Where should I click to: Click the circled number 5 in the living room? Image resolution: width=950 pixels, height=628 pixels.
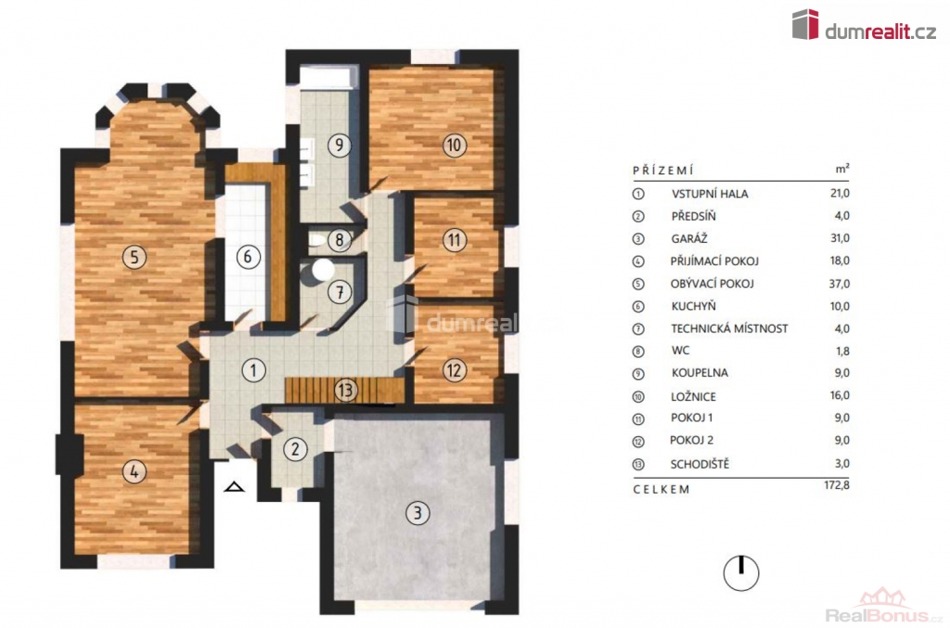(134, 257)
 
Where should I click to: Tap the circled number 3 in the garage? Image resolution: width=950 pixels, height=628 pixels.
(417, 513)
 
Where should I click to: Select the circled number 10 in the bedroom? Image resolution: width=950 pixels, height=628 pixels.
(455, 146)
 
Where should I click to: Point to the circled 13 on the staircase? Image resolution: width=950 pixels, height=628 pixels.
(345, 390)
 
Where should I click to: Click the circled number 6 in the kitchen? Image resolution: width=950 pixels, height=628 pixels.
(248, 257)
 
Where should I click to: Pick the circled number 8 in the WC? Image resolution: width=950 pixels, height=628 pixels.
(340, 240)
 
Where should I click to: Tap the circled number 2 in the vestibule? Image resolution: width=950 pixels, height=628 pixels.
(295, 449)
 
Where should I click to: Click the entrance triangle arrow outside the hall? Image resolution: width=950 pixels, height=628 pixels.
(234, 486)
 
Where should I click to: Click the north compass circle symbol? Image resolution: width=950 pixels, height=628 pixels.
(741, 572)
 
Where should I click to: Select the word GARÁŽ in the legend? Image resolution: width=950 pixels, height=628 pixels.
(689, 238)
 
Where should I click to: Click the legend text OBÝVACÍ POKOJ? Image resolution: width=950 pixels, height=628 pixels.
(712, 284)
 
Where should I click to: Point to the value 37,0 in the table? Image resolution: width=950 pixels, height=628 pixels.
(840, 284)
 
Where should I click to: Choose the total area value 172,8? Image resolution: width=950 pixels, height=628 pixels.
(837, 485)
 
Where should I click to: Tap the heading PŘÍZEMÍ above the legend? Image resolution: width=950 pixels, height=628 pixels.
(662, 171)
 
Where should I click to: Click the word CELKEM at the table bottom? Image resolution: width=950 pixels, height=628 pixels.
(661, 489)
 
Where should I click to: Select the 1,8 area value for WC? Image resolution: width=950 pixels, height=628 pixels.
(841, 352)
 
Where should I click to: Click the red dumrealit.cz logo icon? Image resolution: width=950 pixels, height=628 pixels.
(805, 24)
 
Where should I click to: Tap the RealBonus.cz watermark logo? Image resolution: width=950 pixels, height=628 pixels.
(884, 607)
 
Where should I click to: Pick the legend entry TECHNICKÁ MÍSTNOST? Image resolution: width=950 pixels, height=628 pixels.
(729, 328)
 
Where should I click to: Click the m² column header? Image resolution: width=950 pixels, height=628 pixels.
(842, 169)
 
